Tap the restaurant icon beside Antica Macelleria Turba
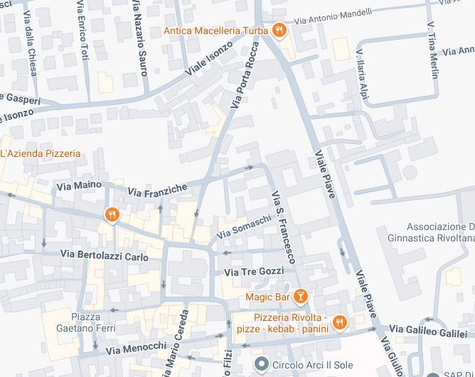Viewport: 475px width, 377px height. (x=280, y=31)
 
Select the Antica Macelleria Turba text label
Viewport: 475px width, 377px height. (x=215, y=31)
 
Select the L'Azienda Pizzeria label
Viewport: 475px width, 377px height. (x=41, y=153)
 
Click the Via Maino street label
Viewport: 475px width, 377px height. (x=78, y=185)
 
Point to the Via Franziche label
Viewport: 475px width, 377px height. (x=157, y=190)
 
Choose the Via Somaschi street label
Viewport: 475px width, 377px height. (x=244, y=227)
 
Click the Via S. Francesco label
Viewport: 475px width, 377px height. (x=282, y=226)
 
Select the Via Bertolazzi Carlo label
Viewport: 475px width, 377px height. (x=105, y=255)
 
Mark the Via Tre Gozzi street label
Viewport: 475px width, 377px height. (x=254, y=272)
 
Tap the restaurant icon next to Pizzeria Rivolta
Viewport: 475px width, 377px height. (x=340, y=322)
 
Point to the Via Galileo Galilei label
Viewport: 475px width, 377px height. (x=427, y=332)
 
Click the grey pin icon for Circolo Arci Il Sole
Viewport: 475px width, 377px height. (x=262, y=365)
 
